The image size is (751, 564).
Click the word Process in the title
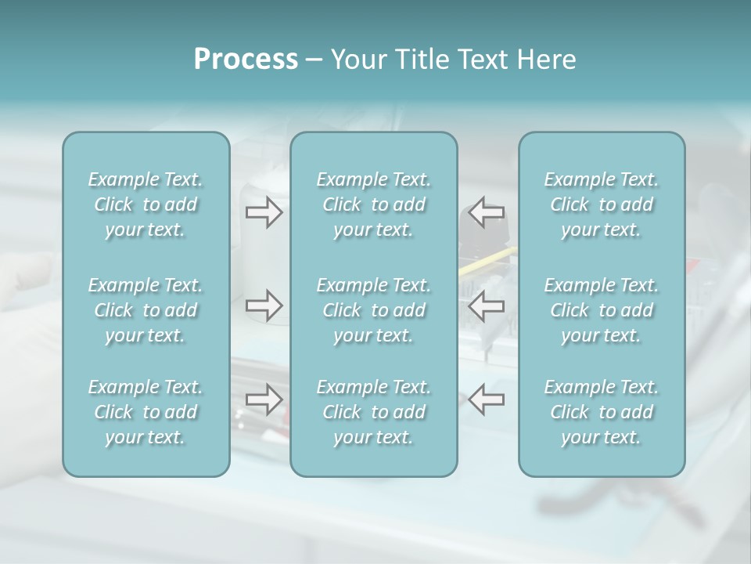(246, 60)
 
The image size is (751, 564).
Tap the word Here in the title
(547, 60)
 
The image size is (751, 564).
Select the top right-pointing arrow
(264, 212)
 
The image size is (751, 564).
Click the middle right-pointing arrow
(264, 305)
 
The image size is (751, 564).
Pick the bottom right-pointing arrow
(264, 399)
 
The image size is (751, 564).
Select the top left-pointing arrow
(487, 212)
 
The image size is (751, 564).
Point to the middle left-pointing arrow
(487, 305)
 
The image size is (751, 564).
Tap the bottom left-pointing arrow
(487, 399)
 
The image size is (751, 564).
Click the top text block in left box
(146, 204)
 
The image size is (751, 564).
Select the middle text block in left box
(146, 310)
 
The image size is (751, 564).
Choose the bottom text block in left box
(146, 412)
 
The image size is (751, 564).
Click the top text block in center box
(373, 204)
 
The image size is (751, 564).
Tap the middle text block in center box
(373, 310)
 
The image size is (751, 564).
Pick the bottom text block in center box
(373, 412)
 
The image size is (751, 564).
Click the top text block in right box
(601, 204)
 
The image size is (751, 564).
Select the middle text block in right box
(601, 310)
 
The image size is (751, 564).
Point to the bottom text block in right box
(601, 412)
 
